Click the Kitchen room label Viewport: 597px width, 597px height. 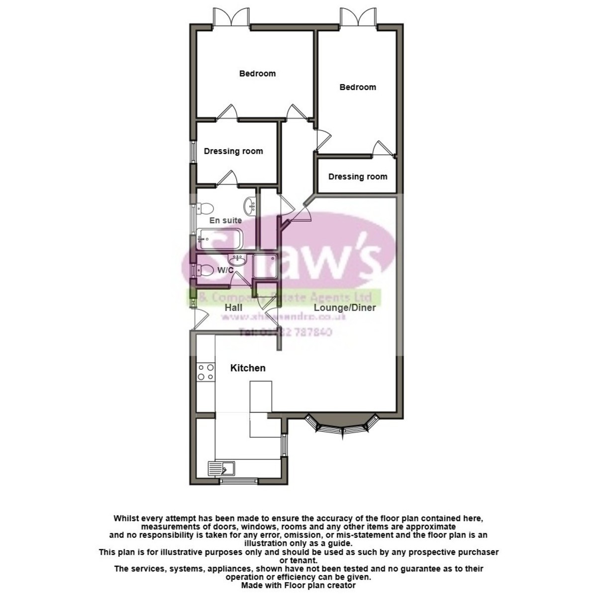click(247, 368)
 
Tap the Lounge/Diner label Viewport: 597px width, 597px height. click(344, 307)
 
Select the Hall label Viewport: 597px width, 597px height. click(233, 307)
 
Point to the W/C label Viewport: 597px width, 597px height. click(225, 270)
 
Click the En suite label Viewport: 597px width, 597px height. click(225, 220)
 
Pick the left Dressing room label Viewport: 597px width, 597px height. click(233, 151)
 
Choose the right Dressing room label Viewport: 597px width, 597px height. click(357, 177)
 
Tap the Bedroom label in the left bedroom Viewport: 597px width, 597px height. click(257, 74)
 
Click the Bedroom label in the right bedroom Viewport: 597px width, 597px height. click(357, 87)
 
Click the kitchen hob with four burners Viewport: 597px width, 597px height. click(206, 372)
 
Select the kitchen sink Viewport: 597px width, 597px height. click(221, 468)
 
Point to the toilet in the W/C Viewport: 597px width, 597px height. click(204, 271)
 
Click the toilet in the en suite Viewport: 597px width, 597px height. click(205, 207)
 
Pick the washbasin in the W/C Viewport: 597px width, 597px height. click(237, 260)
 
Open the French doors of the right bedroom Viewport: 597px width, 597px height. click(357, 19)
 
